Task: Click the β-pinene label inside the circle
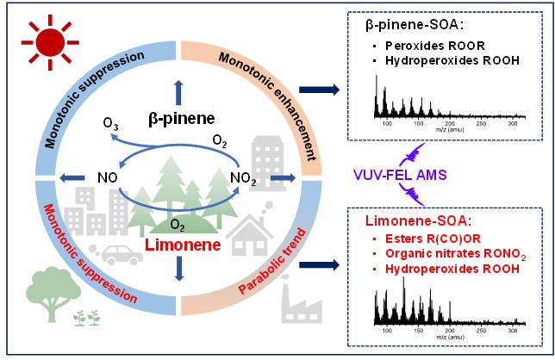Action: pyautogui.click(x=178, y=116)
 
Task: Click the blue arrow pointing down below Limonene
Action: pyautogui.click(x=179, y=273)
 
